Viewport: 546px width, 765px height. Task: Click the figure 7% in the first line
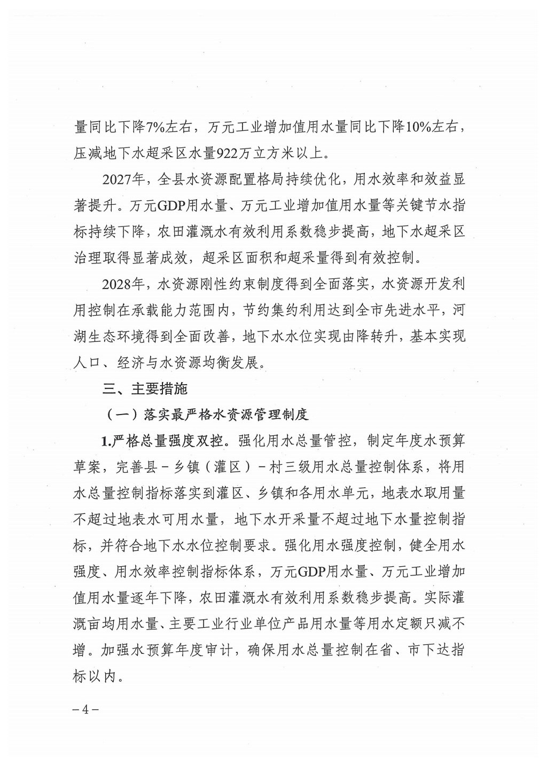(157, 128)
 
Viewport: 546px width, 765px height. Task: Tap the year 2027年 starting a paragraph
(123, 180)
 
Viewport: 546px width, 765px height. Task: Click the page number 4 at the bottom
(85, 710)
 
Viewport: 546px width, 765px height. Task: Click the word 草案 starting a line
(87, 466)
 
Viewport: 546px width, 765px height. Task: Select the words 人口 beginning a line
(87, 363)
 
